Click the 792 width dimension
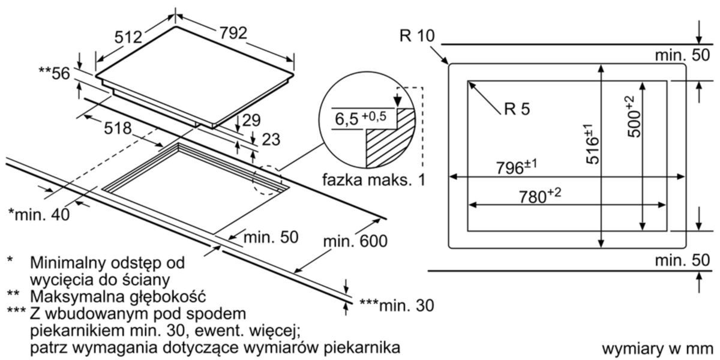click(x=233, y=33)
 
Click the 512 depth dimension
click(x=128, y=37)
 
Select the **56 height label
click(x=54, y=73)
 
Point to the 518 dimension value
click(x=118, y=128)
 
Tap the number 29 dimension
click(x=251, y=120)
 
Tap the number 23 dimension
click(x=271, y=139)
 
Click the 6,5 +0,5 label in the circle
click(x=361, y=118)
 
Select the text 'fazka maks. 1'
click(x=374, y=179)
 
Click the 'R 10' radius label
click(x=417, y=35)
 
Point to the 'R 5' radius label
click(x=517, y=109)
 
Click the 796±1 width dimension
click(x=517, y=167)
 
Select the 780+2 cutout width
click(x=540, y=196)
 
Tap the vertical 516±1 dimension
click(x=592, y=143)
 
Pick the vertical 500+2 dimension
click(x=634, y=116)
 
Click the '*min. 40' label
click(x=39, y=214)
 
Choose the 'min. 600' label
click(x=355, y=241)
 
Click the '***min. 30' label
click(x=397, y=305)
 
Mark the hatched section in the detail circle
click(x=390, y=138)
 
